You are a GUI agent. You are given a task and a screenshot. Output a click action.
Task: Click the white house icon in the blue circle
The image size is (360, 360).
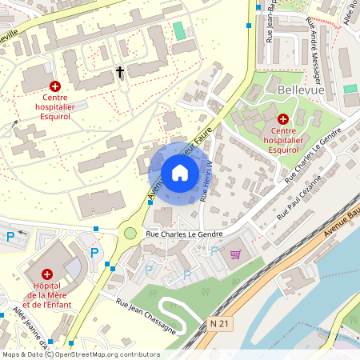point(179,173)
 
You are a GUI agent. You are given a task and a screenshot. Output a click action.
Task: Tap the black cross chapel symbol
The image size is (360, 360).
point(121,73)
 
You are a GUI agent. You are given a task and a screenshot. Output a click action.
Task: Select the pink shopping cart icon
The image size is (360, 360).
point(235,254)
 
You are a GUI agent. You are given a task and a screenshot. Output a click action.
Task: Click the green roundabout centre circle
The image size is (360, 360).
point(130,233)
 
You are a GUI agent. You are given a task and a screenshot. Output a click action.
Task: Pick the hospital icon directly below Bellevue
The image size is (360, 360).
point(283,118)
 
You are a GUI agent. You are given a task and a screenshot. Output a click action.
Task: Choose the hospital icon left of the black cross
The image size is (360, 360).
point(55,86)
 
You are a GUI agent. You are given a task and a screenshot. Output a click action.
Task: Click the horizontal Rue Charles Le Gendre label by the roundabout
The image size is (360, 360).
point(182,234)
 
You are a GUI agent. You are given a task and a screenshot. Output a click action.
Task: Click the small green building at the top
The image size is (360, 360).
point(178,30)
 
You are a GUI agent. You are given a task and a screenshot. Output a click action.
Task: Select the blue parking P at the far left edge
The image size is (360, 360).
point(10,237)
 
